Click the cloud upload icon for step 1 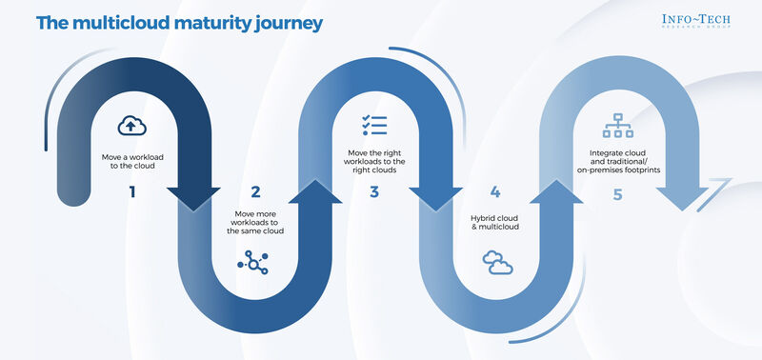click(131, 125)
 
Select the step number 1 click(131, 191)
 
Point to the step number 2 click(254, 191)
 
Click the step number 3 click(373, 191)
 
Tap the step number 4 click(495, 191)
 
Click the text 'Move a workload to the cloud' click(132, 159)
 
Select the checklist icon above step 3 click(372, 125)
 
